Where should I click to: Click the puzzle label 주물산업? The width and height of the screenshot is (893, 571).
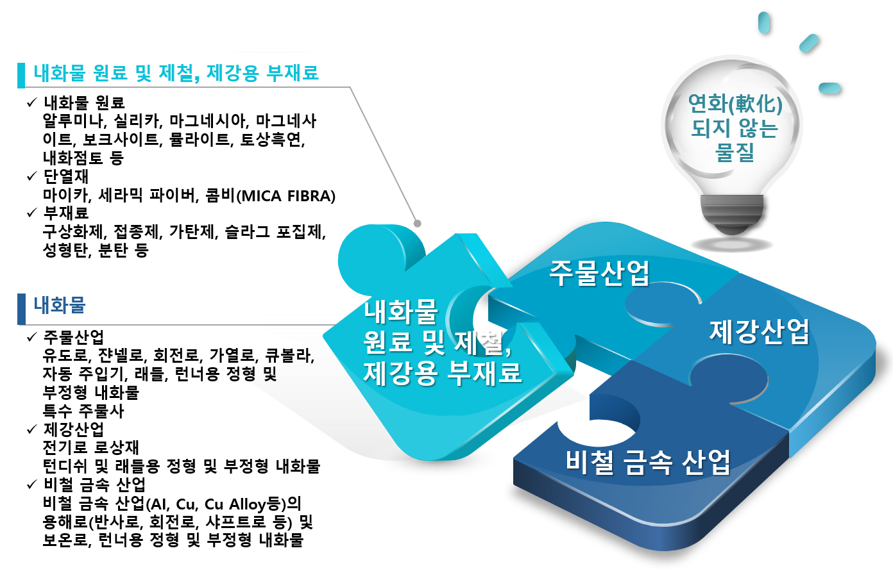point(599,273)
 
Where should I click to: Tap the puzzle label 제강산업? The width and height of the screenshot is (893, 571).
point(760,331)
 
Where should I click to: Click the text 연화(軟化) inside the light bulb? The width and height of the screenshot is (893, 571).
point(735,104)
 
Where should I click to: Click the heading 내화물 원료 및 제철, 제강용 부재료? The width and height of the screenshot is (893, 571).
point(176,73)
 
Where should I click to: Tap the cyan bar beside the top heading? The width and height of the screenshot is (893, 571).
point(21,75)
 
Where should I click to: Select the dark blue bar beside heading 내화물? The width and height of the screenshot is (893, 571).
point(22,309)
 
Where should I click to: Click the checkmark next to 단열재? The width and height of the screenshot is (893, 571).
point(32,176)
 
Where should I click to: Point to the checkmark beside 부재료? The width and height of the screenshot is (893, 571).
point(32,213)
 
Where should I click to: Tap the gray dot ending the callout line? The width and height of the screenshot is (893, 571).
point(418,224)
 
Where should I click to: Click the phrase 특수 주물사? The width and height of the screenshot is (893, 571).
point(83,411)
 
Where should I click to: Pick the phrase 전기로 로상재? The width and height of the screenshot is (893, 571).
point(90,447)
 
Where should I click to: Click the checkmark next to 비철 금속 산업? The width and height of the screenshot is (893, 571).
point(32,484)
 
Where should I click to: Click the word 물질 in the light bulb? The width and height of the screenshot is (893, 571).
point(735,152)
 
